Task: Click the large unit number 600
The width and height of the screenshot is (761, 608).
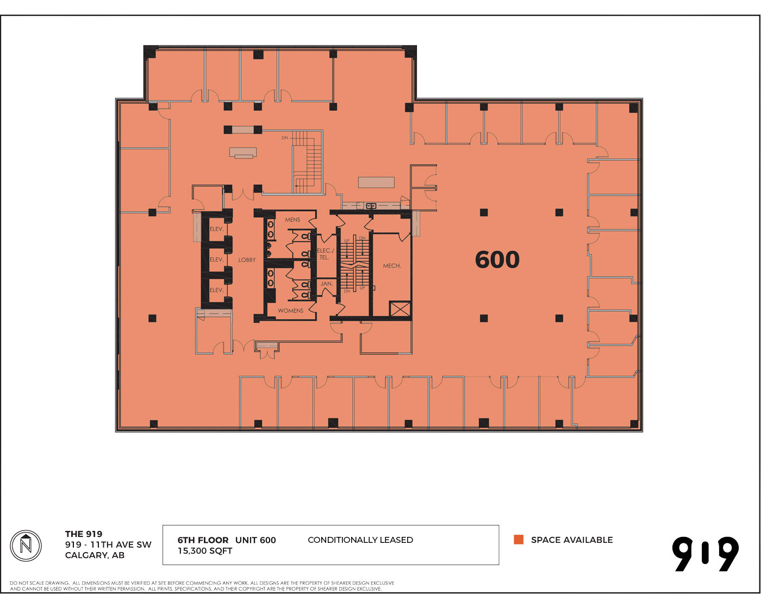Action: [497, 259]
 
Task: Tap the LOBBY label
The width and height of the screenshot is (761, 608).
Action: [246, 259]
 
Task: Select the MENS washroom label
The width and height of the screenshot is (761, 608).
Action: [292, 219]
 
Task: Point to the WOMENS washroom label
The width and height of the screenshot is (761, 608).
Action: [290, 311]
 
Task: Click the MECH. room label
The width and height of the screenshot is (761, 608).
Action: [392, 265]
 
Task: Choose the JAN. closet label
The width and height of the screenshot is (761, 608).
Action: [326, 283]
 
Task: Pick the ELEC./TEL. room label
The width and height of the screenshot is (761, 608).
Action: [325, 254]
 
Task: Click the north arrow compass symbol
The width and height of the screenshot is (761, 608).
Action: [26, 546]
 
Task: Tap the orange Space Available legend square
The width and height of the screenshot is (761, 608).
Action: [519, 540]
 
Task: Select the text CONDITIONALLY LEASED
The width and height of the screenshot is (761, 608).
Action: [360, 540]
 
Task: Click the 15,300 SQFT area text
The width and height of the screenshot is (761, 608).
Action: [205, 551]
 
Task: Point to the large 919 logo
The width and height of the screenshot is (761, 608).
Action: [705, 554]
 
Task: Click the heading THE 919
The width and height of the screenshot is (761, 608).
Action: [84, 534]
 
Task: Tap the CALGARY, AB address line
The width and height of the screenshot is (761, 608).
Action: [95, 555]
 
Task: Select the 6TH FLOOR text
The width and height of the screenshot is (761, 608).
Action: [203, 540]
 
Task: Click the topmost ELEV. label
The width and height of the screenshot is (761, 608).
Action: [216, 229]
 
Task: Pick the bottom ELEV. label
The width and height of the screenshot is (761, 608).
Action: [216, 290]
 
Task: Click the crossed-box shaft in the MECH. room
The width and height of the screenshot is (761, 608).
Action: [400, 308]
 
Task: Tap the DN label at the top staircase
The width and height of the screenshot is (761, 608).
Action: [285, 137]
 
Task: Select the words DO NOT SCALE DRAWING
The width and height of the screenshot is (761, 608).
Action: [39, 583]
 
